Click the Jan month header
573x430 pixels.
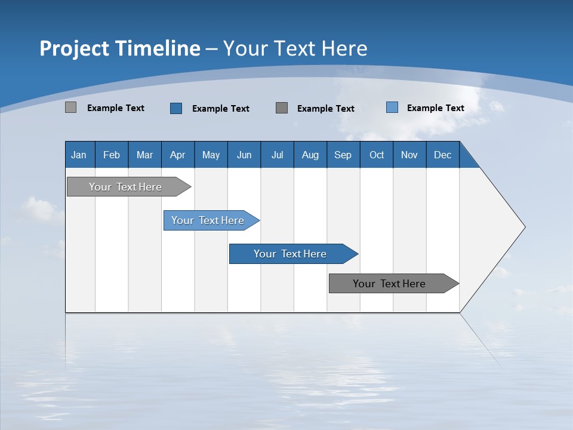coord(79,155)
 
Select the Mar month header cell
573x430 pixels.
coord(144,155)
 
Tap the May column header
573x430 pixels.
coord(211,155)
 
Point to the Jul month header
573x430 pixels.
coord(277,155)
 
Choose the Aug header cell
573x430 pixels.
coord(310,155)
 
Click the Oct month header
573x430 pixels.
coord(377,155)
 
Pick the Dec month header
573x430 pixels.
coord(442,155)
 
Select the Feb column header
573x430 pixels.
coord(112,155)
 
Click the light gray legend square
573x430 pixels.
coord(70,107)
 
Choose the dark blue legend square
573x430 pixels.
coord(176,108)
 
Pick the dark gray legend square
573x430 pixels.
coord(282,107)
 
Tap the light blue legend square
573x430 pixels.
coord(392,107)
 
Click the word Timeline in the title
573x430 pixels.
coord(158,48)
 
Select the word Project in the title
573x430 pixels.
coord(73,48)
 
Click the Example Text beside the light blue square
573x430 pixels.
coord(435,108)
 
